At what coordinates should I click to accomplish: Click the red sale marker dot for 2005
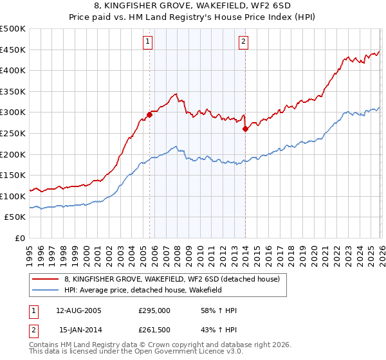click(x=150, y=115)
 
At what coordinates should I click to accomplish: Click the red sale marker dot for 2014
click(x=245, y=129)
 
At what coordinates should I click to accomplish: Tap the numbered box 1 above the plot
click(x=148, y=42)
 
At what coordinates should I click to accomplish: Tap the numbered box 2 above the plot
click(x=244, y=42)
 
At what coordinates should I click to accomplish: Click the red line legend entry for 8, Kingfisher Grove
click(x=171, y=279)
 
